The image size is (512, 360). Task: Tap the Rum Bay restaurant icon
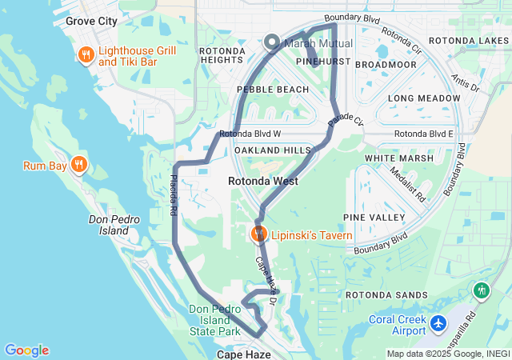[78, 166]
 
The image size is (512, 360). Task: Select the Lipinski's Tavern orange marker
[258, 234]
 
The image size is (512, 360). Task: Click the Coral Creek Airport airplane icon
[438, 323]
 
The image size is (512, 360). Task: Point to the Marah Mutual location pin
[271, 43]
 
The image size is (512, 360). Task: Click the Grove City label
[90, 21]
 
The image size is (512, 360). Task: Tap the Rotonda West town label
[263, 182]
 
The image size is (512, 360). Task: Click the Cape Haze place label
[243, 354]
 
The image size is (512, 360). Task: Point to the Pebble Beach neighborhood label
[271, 90]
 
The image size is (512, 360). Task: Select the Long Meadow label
[422, 98]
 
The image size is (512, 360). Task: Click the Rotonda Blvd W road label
[250, 134]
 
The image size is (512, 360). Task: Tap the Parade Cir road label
[346, 122]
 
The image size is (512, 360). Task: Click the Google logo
[26, 350]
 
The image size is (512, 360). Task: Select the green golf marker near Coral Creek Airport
[482, 290]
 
